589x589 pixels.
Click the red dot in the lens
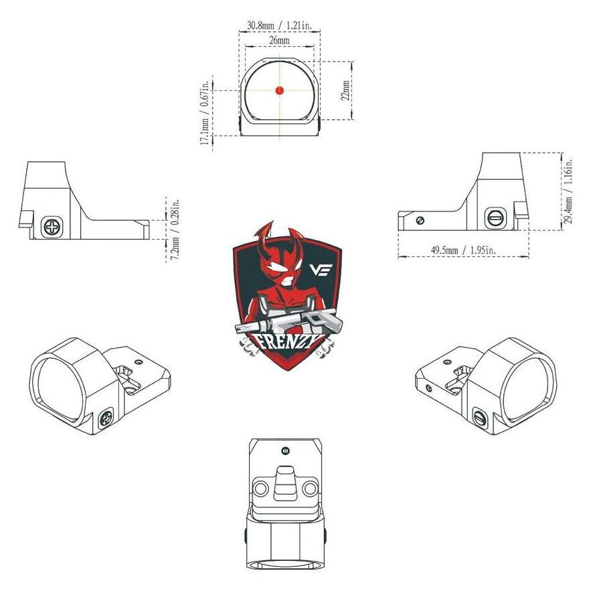coord(280,90)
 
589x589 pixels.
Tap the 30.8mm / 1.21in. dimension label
coord(280,25)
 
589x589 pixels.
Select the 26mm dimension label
coord(280,39)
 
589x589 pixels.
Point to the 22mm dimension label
coord(346,90)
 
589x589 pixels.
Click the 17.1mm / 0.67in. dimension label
coord(205,112)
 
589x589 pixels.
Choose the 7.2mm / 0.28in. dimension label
coord(175,229)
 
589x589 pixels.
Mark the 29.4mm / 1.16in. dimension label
coord(569,191)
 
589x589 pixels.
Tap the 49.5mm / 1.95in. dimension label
coord(462,250)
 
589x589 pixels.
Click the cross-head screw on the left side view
coord(52,227)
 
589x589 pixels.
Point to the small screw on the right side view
coord(420,220)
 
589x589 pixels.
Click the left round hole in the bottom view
coord(260,489)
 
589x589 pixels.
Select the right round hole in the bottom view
coord(310,489)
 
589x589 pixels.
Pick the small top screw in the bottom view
coord(285,450)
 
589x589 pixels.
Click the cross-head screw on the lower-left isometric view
coord(106,418)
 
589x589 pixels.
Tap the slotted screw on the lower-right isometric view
coord(479,418)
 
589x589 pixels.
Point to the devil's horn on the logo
coord(266,236)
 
